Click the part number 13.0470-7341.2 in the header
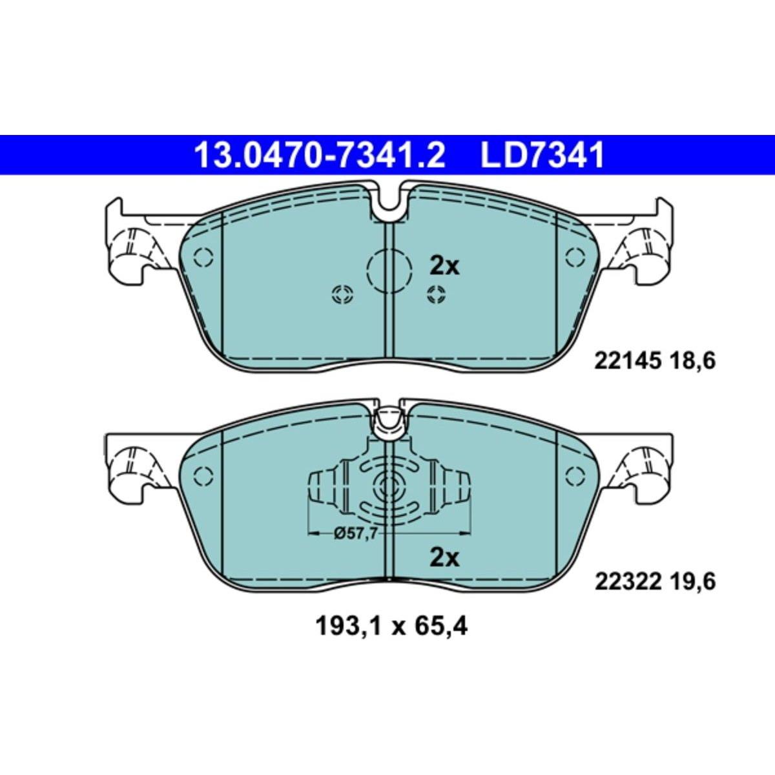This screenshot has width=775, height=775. pos(320,156)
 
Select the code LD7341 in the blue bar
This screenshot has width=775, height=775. pos(542,156)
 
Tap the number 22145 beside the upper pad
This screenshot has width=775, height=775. pos(627,361)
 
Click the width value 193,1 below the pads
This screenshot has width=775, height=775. pos(347,638)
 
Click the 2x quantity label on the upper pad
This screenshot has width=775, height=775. pos(444,266)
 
